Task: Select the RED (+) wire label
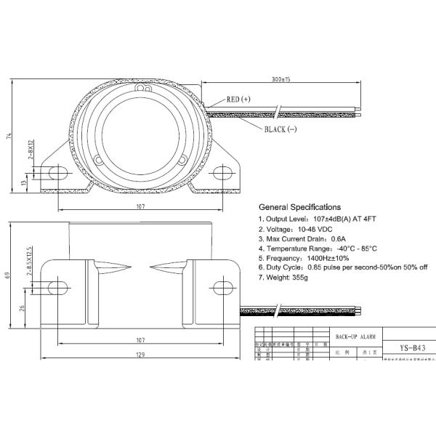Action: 238,100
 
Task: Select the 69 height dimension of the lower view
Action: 9,276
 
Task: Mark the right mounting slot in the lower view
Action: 222,283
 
